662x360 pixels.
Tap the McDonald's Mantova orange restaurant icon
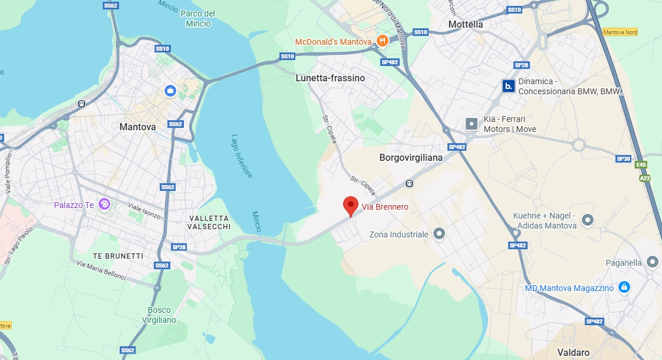coord(383,41)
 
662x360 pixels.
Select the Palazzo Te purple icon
coord(105,204)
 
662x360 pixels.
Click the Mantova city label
coord(137,127)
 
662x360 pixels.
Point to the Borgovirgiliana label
coord(411,158)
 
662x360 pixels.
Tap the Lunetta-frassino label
coord(330,78)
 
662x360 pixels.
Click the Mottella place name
coord(465,25)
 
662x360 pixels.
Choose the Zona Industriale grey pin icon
coord(439,234)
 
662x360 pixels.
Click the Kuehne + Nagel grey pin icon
coord(587,220)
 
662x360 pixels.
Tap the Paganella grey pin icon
coord(652,262)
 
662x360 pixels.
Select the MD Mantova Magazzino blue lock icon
coord(624,288)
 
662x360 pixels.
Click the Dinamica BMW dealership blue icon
coord(508,86)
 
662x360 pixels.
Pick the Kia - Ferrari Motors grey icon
coord(472,124)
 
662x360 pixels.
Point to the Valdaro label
coord(574,352)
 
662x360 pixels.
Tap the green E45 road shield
coord(641,166)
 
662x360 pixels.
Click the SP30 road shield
coord(623,158)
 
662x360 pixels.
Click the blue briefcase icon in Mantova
coord(170,90)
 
